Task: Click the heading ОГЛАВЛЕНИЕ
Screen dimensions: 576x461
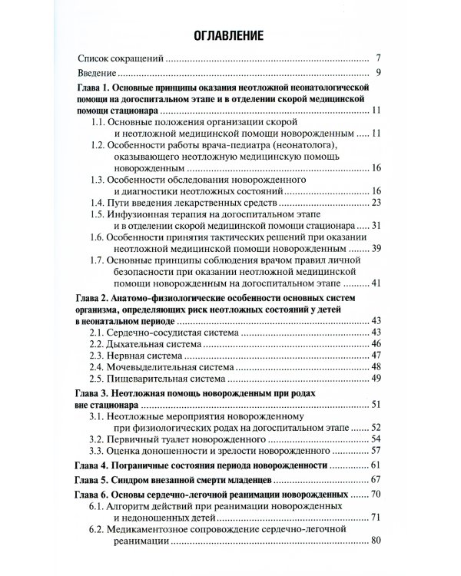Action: [230, 35]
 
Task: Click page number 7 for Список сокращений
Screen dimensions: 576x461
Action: [378, 58]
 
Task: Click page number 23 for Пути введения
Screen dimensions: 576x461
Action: [376, 202]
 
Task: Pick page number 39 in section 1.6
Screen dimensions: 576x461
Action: [376, 249]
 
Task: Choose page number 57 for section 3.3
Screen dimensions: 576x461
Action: [376, 452]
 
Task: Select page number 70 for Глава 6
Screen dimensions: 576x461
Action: [376, 496]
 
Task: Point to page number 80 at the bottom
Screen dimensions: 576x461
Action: [376, 542]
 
